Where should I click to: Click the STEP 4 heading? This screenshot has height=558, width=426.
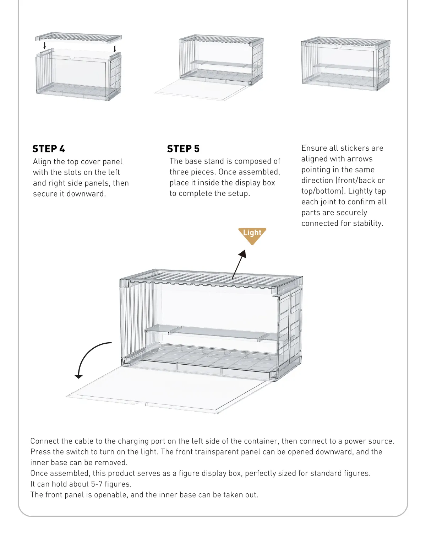click(49, 149)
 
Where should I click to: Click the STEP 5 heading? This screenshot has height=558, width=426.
click(183, 149)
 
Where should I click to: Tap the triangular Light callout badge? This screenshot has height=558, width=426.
click(252, 235)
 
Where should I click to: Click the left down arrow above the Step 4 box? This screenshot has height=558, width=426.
click(45, 45)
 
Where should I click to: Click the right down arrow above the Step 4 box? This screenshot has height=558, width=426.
click(115, 48)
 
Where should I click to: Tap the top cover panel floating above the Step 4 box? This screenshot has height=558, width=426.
click(78, 37)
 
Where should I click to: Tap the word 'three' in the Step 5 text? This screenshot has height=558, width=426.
click(177, 172)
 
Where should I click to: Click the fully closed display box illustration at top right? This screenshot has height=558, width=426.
click(345, 64)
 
